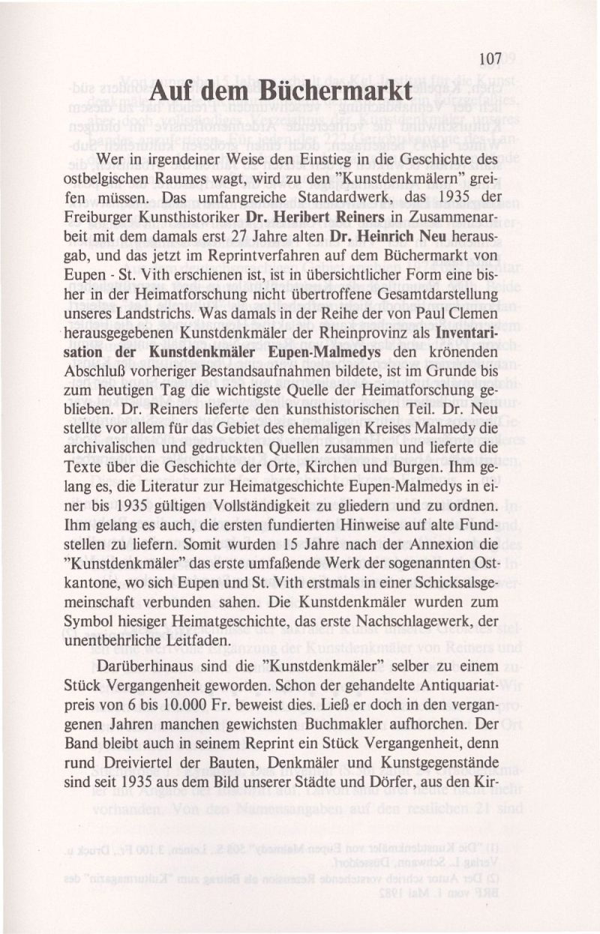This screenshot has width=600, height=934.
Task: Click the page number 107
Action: pos(488,58)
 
